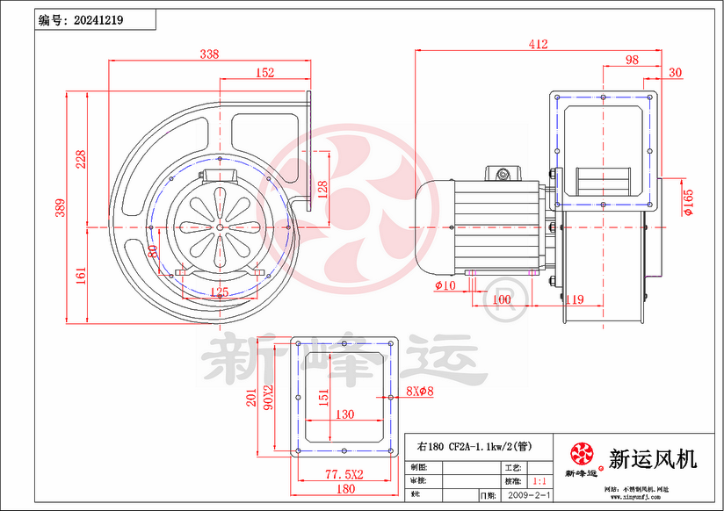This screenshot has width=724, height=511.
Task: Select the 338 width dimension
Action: pyautogui.click(x=209, y=54)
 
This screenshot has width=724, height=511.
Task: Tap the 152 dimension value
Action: pyautogui.click(x=264, y=73)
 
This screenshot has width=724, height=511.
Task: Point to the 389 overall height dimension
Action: pyautogui.click(x=61, y=207)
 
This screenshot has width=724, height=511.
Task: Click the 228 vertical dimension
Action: pyautogui.click(x=81, y=159)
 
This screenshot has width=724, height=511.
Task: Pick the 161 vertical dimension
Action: pyautogui.click(x=81, y=276)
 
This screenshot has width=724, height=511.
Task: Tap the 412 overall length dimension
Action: pyautogui.click(x=539, y=44)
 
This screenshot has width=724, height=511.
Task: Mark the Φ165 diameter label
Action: pyautogui.click(x=687, y=201)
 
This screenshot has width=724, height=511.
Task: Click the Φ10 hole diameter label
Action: pyautogui.click(x=445, y=285)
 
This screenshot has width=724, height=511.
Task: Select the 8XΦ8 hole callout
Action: pyautogui.click(x=421, y=392)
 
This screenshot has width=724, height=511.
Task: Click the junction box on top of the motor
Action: pyautogui.click(x=503, y=174)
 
